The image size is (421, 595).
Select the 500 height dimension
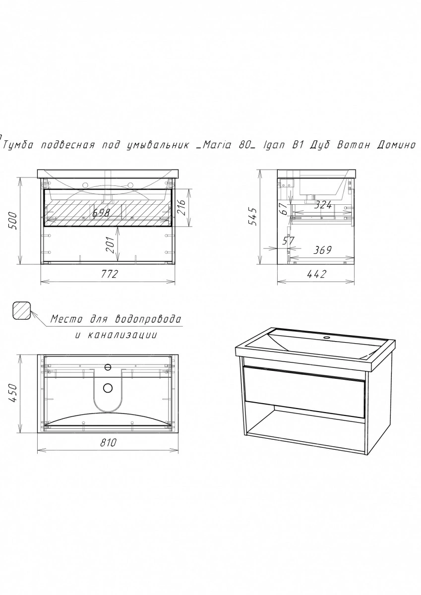point(13,221)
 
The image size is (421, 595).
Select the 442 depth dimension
point(316,274)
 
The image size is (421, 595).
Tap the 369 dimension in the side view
point(322,250)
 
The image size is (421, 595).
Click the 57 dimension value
point(289,240)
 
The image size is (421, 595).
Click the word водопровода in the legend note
point(149,319)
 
